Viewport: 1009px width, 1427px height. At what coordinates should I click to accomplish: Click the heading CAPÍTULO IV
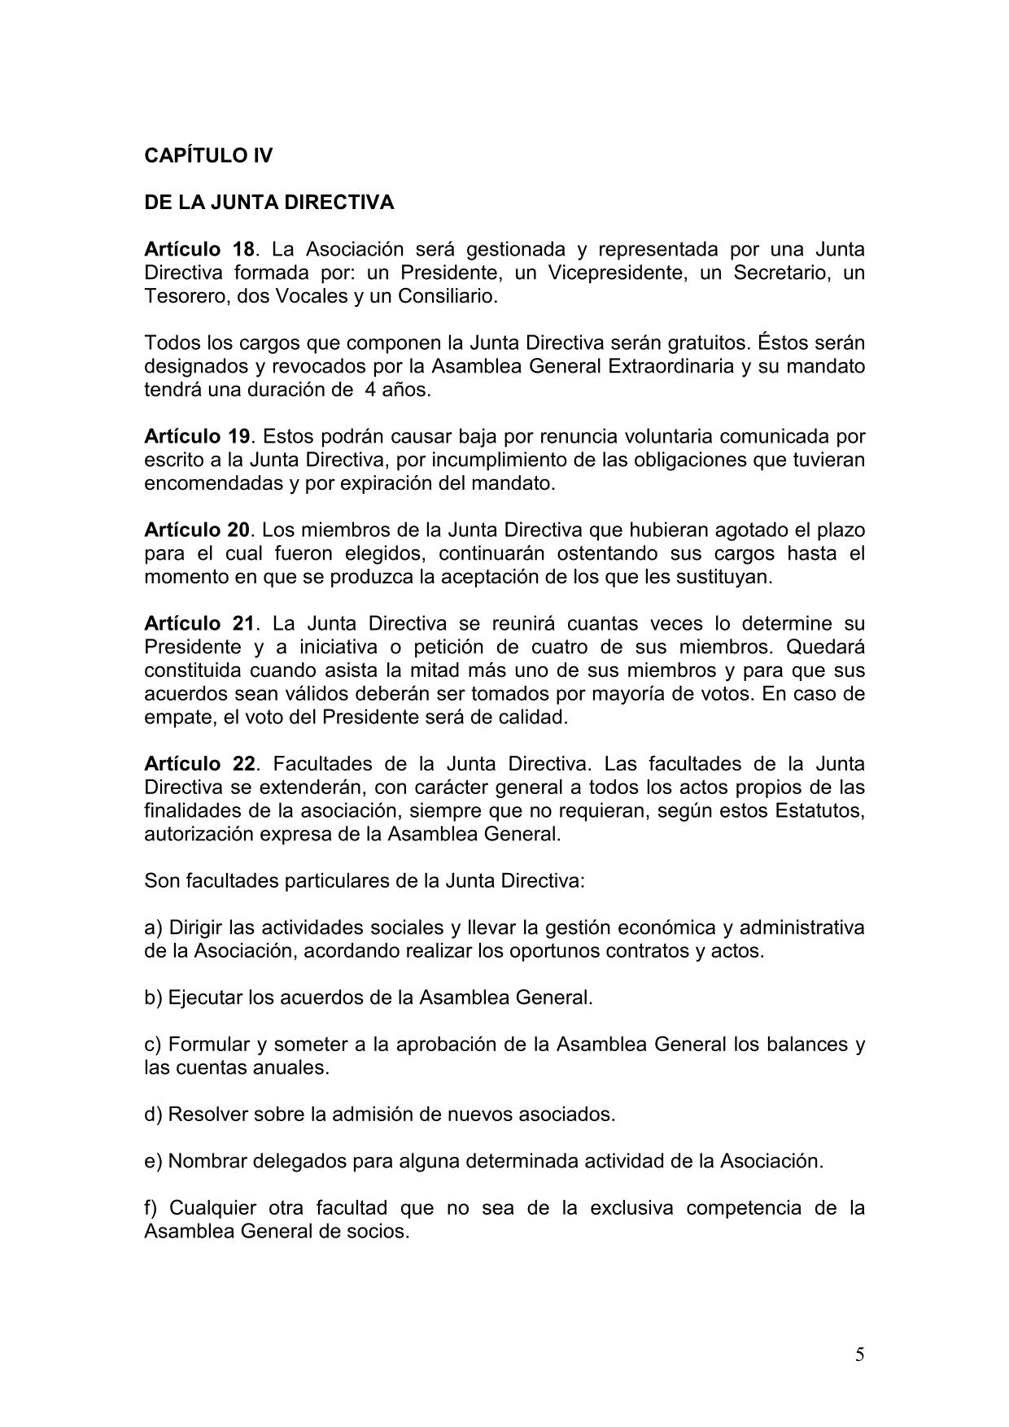[x=208, y=155]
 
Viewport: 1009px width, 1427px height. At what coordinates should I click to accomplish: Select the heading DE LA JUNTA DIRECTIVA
[x=269, y=203]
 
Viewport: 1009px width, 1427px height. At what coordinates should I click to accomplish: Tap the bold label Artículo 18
[x=199, y=249]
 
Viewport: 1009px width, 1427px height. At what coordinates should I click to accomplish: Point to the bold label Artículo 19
[x=196, y=436]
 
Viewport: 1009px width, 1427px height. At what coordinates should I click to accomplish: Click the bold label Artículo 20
[x=196, y=530]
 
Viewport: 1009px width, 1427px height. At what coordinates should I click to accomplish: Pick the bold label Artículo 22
[x=199, y=764]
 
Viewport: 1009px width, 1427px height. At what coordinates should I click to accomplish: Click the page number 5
[x=860, y=1355]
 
